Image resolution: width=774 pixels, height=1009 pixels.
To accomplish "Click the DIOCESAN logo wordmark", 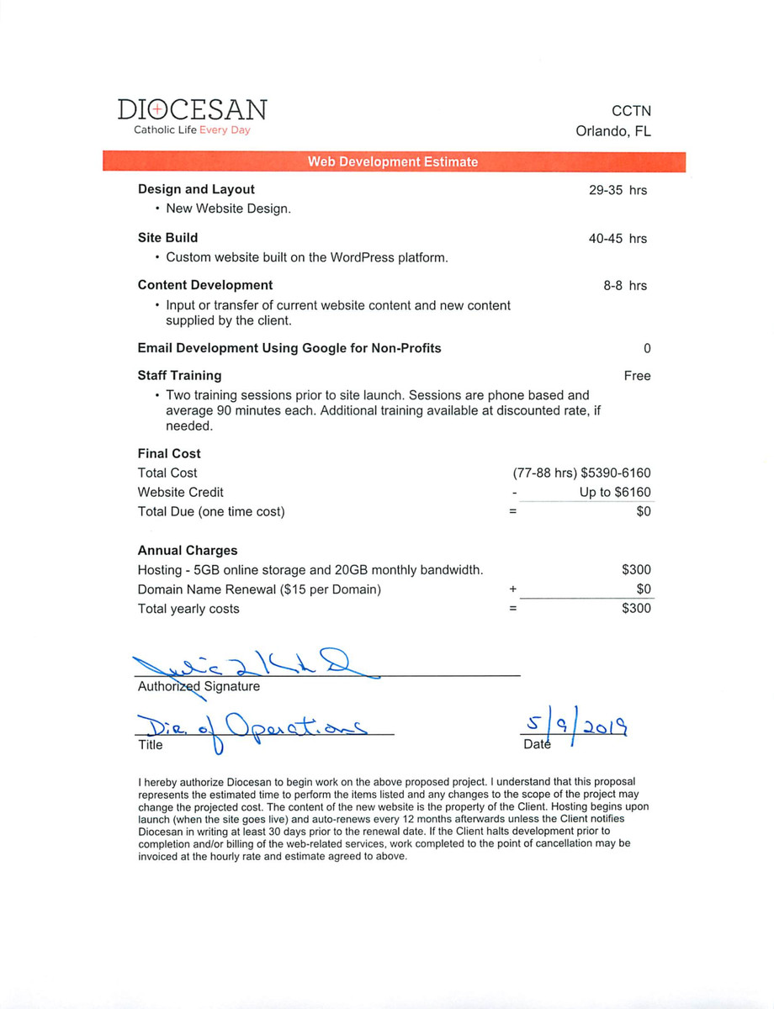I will pyautogui.click(x=192, y=110).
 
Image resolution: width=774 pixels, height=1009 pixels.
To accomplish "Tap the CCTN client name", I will pyautogui.click(x=631, y=111).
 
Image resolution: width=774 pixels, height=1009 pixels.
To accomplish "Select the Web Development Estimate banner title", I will pyautogui.click(x=393, y=161).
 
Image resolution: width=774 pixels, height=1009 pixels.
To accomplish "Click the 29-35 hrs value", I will pyautogui.click(x=618, y=190).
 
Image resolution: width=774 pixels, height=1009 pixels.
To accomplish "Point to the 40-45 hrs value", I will pyautogui.click(x=618, y=238).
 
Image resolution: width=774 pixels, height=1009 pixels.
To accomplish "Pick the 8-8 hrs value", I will pyautogui.click(x=625, y=286).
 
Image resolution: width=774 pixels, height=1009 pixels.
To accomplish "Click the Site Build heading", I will pyautogui.click(x=168, y=238).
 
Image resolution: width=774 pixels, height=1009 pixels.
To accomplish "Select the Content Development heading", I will pyautogui.click(x=205, y=285).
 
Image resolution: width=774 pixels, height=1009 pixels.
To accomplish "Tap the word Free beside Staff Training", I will pyautogui.click(x=637, y=376).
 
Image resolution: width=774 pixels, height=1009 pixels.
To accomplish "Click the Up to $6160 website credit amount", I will pyautogui.click(x=614, y=492).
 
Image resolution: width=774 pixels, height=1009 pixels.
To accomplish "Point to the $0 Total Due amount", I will pyautogui.click(x=644, y=511).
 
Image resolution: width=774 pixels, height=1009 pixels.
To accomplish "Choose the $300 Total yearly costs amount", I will pyautogui.click(x=636, y=609).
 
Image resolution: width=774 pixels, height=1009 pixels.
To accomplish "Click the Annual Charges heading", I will pyautogui.click(x=188, y=551).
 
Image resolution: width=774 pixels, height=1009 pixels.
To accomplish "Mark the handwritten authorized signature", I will pyautogui.click(x=252, y=666).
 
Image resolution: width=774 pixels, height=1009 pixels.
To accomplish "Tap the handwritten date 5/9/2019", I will pyautogui.click(x=577, y=725).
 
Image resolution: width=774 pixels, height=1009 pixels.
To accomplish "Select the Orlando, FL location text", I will pyautogui.click(x=612, y=131).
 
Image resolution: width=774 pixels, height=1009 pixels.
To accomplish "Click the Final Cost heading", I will pyautogui.click(x=169, y=453).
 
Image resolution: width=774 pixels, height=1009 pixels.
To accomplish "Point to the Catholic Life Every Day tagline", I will pyautogui.click(x=192, y=130).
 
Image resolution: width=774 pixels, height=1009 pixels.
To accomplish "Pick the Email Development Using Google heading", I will pyautogui.click(x=289, y=348).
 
